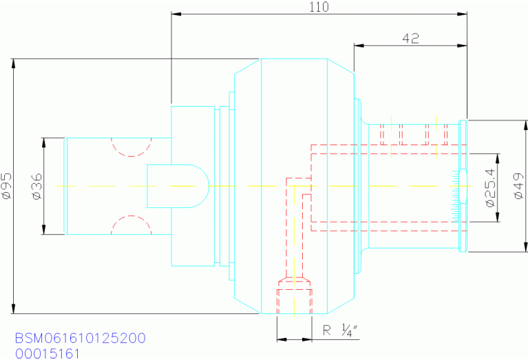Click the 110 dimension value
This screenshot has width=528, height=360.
319,7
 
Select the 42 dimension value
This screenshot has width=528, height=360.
411,39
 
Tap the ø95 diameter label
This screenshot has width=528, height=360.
7,186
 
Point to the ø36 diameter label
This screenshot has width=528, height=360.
37,186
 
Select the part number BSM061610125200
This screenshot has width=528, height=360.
80,339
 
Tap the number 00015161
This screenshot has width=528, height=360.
47,354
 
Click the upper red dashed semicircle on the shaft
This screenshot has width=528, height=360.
131,147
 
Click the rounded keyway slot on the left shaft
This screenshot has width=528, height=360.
178,186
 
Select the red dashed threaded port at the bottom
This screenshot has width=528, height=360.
294,296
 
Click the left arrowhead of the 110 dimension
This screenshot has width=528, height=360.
174,13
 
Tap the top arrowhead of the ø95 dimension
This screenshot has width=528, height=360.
13,63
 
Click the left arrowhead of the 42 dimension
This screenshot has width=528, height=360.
357,45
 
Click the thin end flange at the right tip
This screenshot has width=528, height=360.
463,186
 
